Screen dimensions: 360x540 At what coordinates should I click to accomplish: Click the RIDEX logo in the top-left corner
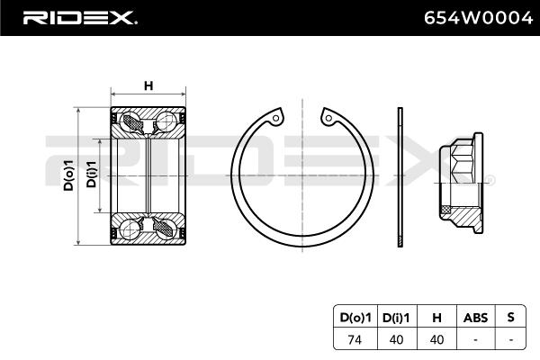(x=78, y=18)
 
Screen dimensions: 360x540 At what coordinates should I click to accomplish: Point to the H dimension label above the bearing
(x=148, y=85)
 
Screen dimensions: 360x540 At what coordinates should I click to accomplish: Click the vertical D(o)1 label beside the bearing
(x=67, y=175)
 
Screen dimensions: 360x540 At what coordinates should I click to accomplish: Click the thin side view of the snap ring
(x=400, y=175)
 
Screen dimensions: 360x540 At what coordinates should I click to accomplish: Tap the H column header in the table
(x=436, y=318)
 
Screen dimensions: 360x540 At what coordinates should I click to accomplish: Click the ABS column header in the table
(x=474, y=318)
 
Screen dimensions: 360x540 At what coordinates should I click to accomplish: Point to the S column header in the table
(x=510, y=318)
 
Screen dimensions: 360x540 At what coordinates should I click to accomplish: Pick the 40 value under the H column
(x=436, y=338)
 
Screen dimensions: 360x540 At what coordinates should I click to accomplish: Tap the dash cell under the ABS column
(x=474, y=338)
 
